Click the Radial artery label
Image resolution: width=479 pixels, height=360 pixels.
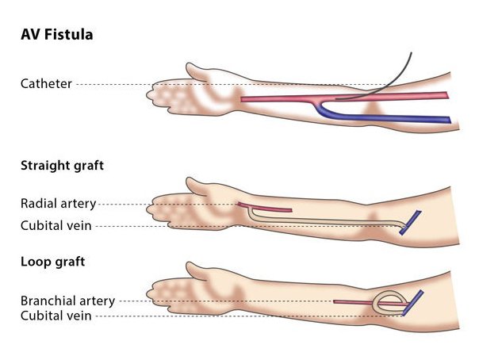[55, 204]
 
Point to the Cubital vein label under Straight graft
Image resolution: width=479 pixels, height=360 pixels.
[56, 226]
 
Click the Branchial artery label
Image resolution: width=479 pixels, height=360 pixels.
[67, 301]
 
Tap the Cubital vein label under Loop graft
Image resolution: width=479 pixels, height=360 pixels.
[56, 316]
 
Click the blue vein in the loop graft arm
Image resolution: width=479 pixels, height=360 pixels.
[412, 303]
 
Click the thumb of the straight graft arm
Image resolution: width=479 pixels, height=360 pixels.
[198, 188]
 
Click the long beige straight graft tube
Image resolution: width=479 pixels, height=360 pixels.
[333, 223]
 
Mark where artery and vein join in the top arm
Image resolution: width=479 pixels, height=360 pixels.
[317, 100]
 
